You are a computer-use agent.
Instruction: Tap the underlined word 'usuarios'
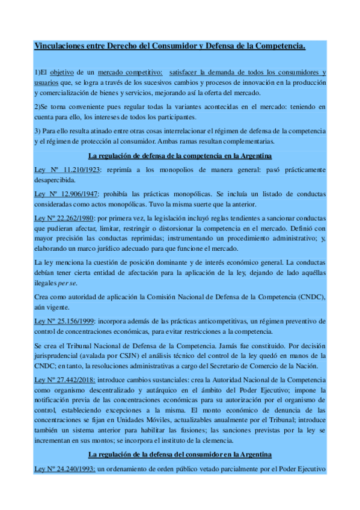[x=46, y=82]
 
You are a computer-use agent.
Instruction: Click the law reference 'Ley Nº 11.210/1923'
[x=67, y=170]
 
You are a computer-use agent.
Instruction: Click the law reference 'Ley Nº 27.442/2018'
[x=66, y=380]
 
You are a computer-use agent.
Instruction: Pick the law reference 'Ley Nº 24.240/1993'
[x=66, y=468]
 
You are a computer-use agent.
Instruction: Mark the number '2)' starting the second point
[x=37, y=106]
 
